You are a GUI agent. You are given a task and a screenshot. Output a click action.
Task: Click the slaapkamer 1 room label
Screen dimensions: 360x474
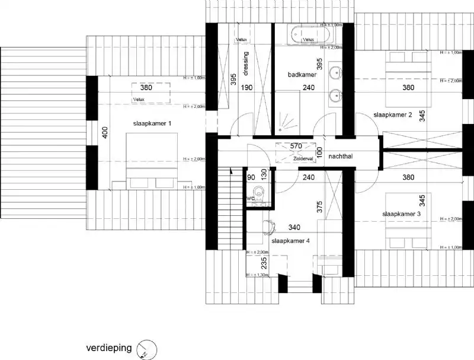pyautogui.click(x=153, y=123)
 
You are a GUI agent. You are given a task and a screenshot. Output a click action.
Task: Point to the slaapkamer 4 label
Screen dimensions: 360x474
pyautogui.click(x=290, y=241)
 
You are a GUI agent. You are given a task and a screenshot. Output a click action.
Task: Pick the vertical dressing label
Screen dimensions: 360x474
pyautogui.click(x=245, y=60)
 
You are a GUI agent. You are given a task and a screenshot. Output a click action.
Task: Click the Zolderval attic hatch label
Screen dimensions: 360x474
pyautogui.click(x=302, y=159)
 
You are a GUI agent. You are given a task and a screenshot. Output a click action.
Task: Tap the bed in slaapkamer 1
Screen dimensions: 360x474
pyautogui.click(x=152, y=160)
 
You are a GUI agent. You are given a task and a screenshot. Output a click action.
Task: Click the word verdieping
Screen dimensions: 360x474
pyautogui.click(x=108, y=348)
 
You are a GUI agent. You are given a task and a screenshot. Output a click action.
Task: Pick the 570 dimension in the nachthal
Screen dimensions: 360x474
pyautogui.click(x=297, y=146)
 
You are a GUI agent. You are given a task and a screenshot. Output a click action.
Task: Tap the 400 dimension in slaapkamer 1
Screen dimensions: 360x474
pyautogui.click(x=105, y=133)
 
